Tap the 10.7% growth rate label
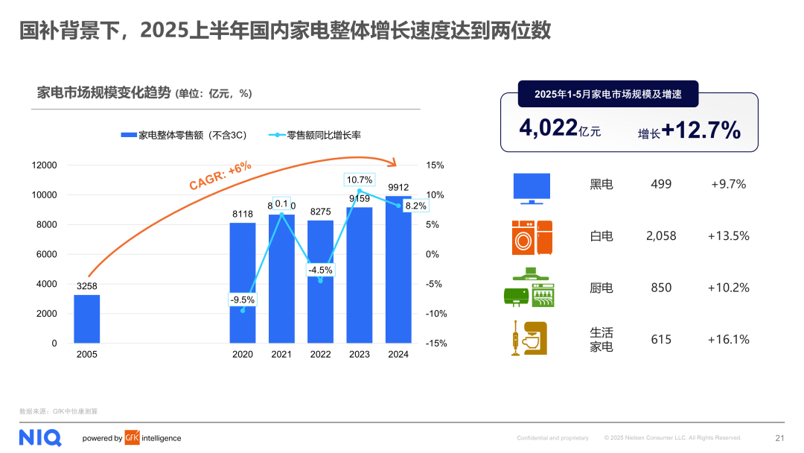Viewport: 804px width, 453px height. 359,180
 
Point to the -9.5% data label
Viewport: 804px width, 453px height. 242,300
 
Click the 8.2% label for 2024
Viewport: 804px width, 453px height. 415,206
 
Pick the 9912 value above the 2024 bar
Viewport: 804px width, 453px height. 398,187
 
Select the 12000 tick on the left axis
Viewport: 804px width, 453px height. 44,165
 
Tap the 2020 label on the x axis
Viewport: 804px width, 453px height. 243,355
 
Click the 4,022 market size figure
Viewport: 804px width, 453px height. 547,128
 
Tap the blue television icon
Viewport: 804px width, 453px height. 532,188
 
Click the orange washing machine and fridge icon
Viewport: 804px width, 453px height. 532,238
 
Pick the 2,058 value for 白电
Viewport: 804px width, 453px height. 661,236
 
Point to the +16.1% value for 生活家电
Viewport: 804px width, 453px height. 728,340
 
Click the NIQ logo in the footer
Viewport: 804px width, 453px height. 40,437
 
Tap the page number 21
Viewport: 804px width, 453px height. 779,438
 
